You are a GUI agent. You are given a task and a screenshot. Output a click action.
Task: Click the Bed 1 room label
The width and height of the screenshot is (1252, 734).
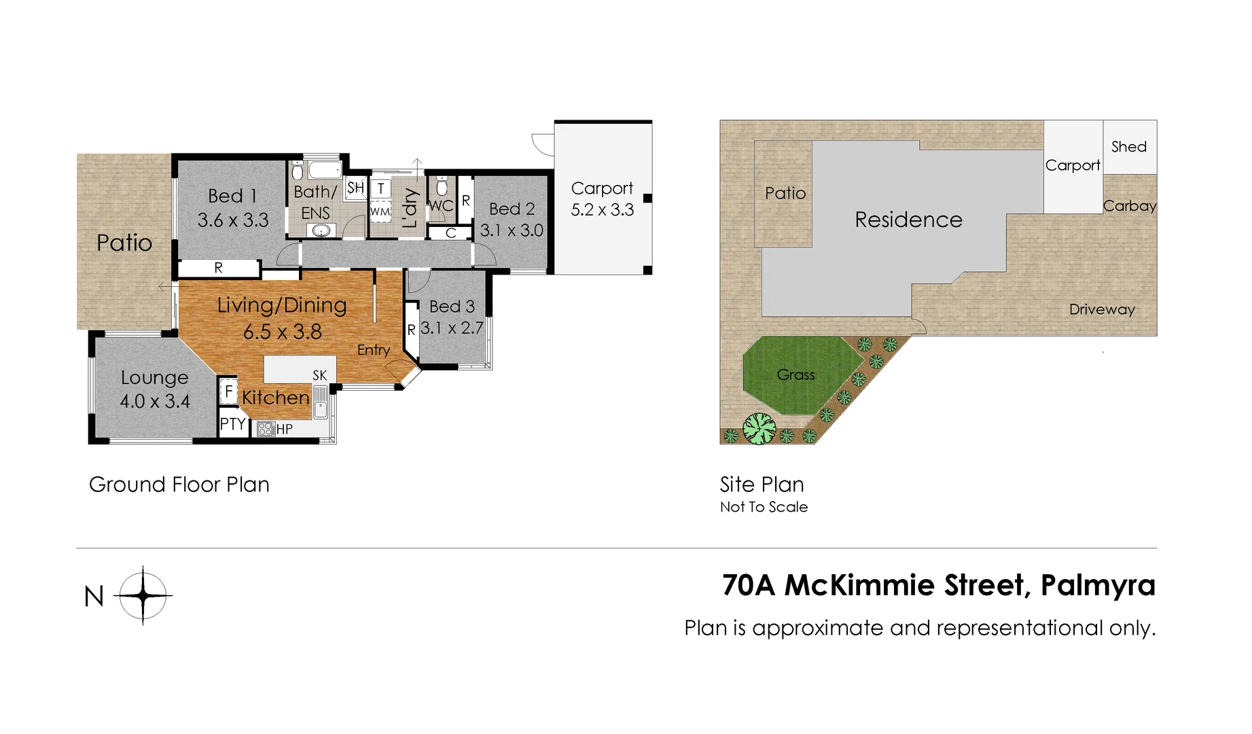232,196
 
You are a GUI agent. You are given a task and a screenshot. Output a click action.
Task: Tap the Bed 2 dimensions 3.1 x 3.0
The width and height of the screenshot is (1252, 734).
512,230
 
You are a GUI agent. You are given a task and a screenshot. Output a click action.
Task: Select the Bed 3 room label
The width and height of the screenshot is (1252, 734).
452,307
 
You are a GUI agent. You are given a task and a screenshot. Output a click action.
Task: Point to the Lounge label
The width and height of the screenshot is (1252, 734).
154,377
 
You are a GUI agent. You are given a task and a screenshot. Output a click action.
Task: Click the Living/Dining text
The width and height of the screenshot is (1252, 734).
282,306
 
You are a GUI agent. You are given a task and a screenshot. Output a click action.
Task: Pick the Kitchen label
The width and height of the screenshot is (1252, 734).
275,398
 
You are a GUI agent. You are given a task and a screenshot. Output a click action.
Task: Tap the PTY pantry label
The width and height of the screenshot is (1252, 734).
232,425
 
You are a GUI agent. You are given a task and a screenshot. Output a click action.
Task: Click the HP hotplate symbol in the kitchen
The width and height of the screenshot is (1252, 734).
266,429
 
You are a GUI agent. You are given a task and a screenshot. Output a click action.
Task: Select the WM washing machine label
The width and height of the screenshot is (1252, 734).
380,211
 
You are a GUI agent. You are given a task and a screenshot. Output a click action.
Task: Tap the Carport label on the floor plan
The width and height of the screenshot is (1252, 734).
602,188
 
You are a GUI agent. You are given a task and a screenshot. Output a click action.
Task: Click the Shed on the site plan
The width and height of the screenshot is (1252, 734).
1129,147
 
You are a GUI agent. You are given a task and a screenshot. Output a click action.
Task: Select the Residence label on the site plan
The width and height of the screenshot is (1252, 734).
908,220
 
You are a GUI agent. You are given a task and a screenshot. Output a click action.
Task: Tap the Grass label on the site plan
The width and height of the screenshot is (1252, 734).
795,374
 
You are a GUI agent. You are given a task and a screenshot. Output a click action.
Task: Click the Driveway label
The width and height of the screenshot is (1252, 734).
1102,309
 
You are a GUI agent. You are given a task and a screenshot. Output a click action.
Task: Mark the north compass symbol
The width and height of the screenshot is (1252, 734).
143,595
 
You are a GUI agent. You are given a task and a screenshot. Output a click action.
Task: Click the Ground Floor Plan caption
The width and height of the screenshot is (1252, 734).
179,485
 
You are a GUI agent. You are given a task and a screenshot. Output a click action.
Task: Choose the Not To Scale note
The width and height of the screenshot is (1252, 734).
764,507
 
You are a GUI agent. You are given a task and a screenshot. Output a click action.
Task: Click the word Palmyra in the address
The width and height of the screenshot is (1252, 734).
1098,585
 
